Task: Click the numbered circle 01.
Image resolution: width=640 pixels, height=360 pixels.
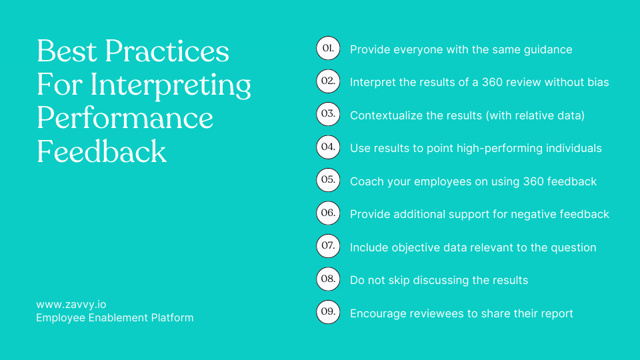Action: click(328, 49)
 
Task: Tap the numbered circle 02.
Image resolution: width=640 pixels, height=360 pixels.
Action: click(328, 81)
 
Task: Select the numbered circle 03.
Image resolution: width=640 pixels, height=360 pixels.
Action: click(328, 114)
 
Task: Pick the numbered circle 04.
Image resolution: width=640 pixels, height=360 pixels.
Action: click(328, 147)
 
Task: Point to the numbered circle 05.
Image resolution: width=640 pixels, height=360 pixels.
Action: click(328, 180)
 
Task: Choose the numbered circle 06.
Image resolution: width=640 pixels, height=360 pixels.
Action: click(328, 213)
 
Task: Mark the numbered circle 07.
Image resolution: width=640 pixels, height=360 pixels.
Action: click(328, 246)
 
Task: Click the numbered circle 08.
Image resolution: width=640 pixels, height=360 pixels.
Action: click(328, 279)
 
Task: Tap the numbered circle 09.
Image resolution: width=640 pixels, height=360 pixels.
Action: click(328, 312)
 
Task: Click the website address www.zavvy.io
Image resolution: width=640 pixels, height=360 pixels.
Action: click(71, 305)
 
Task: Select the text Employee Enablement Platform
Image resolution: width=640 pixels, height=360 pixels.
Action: click(115, 318)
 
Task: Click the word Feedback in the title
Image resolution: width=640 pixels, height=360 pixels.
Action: click(101, 151)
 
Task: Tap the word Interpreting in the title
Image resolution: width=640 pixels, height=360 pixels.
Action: click(171, 85)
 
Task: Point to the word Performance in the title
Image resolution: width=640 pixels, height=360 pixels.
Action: click(125, 118)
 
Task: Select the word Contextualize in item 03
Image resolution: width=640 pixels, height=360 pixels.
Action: click(386, 115)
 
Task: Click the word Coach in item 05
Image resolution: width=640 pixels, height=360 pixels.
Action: click(367, 181)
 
